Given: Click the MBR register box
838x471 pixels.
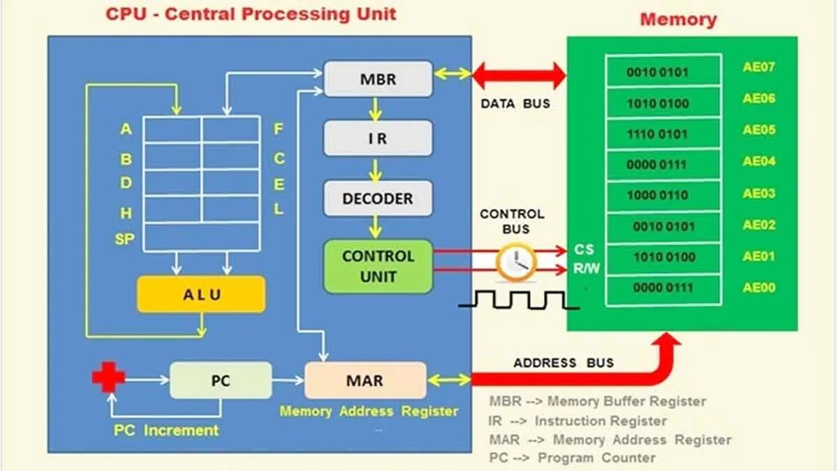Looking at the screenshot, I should point(378,79).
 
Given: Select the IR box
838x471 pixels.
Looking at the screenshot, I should point(378,138).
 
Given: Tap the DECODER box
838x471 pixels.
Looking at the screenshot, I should point(378,199).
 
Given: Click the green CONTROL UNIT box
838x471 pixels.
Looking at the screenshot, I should point(378,266).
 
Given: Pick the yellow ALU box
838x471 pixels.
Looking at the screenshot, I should point(201,294).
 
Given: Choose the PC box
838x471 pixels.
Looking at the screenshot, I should point(221,380).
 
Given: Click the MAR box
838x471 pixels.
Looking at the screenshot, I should point(365,380).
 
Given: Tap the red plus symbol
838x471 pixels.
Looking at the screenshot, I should point(108,377).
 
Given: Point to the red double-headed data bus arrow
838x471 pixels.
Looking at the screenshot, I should point(520,75).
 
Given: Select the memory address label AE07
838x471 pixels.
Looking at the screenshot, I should point(758,68).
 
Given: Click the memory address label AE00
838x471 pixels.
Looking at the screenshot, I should point(758,287).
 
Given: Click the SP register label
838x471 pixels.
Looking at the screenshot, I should point(125,240).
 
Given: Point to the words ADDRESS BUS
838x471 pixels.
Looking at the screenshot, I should point(564,363).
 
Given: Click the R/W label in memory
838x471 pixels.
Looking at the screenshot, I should point(587,268).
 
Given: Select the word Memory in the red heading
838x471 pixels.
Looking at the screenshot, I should point(678,19).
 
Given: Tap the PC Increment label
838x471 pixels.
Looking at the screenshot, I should point(166,431).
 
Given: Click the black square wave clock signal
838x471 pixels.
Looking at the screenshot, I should point(518,300).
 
